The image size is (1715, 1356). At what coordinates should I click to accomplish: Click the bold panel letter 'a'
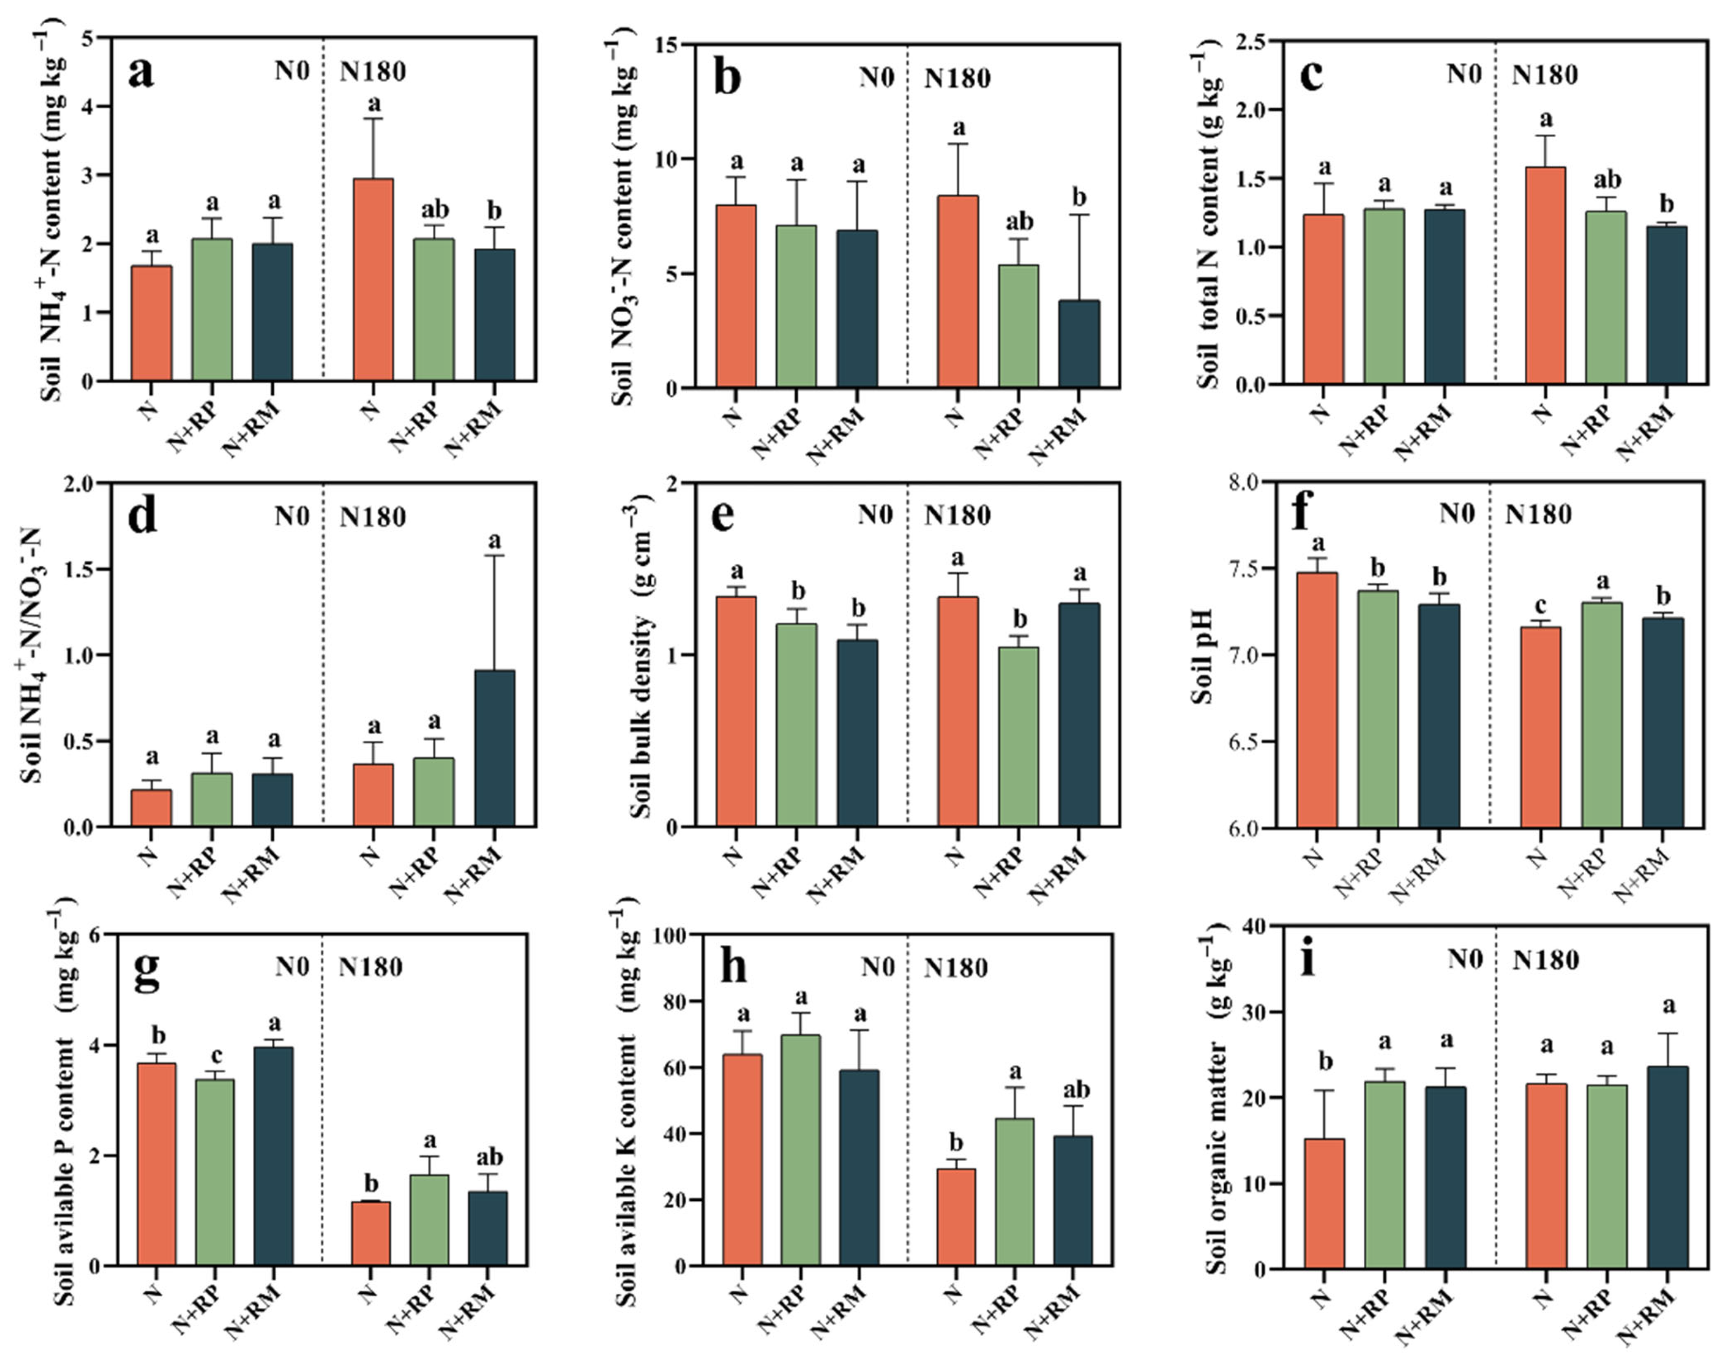point(141,73)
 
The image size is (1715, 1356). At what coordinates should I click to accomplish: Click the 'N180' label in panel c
point(1544,75)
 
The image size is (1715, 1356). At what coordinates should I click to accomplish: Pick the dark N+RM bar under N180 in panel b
point(1079,344)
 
